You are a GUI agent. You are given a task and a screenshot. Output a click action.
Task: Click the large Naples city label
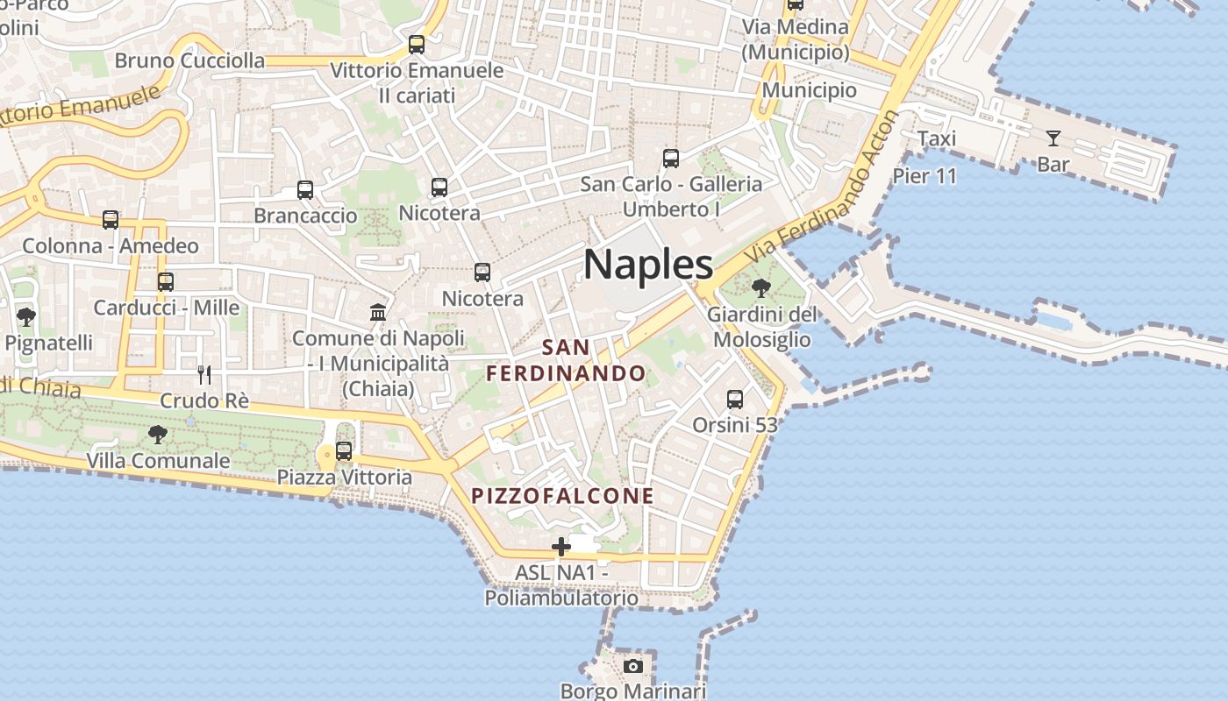click(x=648, y=264)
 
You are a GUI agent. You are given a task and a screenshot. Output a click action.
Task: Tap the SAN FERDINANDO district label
click(x=567, y=360)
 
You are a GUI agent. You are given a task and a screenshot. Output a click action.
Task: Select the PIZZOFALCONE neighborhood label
click(x=562, y=496)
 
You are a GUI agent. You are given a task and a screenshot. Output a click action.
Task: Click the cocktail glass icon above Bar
click(x=1053, y=138)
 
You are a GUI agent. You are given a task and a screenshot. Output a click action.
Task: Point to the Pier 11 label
click(x=925, y=176)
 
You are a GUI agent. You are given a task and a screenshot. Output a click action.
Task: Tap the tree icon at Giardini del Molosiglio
click(x=761, y=287)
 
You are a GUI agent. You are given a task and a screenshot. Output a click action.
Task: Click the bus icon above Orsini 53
click(x=735, y=400)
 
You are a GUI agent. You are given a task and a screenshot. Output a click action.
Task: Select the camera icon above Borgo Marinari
click(x=632, y=666)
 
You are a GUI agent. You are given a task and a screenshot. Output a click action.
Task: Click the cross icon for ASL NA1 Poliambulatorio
click(x=560, y=548)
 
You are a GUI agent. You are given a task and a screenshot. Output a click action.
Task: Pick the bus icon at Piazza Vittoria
click(x=344, y=451)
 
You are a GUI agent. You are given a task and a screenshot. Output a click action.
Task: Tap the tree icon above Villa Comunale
click(x=158, y=433)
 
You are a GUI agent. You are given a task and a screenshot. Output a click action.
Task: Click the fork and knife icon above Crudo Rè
click(x=204, y=375)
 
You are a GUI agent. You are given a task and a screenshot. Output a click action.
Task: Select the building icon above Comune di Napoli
click(x=378, y=313)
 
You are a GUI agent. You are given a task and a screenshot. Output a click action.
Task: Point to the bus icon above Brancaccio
click(x=305, y=190)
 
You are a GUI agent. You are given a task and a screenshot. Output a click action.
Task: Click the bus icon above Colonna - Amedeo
click(x=111, y=220)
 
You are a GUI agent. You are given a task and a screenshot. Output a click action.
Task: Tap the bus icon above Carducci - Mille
click(x=166, y=282)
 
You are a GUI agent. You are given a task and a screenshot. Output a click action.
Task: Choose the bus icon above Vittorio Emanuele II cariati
click(x=417, y=45)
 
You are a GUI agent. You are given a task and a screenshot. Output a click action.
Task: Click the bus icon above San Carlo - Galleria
click(x=671, y=159)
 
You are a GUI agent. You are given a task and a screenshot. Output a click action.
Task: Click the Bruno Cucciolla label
click(x=189, y=60)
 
